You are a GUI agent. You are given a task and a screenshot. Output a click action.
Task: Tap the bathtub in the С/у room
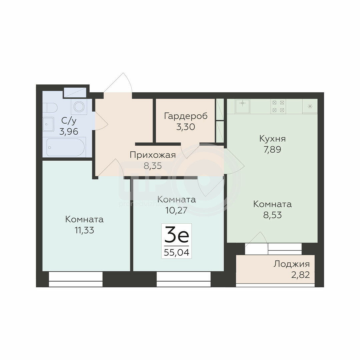66,147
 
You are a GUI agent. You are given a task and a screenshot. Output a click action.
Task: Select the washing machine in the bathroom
79,107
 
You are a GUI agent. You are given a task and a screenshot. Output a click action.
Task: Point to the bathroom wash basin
48,124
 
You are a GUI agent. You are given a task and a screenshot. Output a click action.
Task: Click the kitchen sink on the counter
242,106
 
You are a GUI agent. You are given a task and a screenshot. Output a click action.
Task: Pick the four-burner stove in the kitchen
278,106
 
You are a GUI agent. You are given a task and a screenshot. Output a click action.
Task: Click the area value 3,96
69,132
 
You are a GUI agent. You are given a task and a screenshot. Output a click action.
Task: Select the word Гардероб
186,116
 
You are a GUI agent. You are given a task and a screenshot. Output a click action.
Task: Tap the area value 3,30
186,127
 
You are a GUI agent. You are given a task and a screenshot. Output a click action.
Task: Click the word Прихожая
153,155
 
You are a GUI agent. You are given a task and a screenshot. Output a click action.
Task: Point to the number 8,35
153,166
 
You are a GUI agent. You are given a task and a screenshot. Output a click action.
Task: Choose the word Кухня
272,139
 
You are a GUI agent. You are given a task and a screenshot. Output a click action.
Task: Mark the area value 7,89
272,149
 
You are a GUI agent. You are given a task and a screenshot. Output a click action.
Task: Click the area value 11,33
84,230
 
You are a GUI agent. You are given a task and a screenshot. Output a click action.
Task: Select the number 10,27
176,210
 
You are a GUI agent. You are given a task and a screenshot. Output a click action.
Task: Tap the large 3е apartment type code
176,234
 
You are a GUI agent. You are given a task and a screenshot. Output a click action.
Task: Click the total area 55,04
176,253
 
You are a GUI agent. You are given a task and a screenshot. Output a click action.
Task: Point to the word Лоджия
291,264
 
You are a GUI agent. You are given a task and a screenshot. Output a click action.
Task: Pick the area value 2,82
301,275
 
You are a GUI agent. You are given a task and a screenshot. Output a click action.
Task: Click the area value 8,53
272,215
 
